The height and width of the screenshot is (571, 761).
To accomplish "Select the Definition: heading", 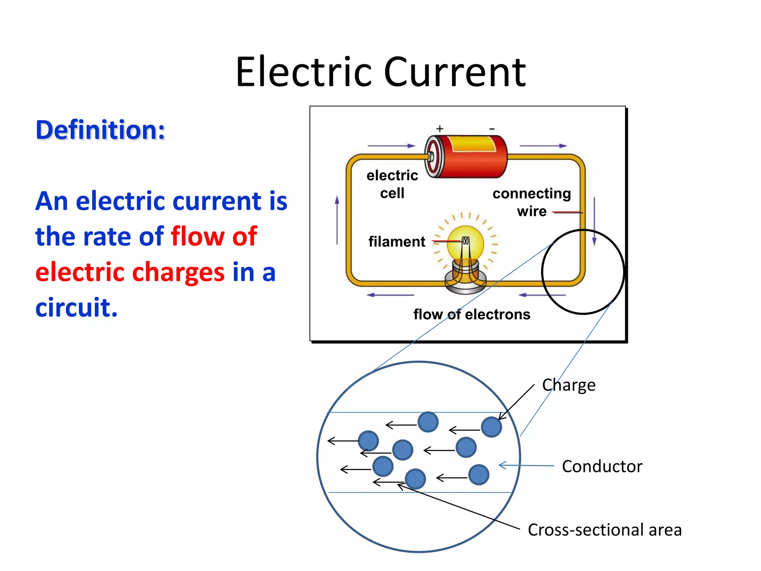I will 100,130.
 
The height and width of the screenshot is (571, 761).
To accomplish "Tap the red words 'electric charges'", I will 130,272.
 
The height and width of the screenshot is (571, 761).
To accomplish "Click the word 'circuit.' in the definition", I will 77,308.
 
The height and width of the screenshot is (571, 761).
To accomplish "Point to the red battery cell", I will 467,156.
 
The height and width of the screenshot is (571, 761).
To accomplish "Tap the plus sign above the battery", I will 440,129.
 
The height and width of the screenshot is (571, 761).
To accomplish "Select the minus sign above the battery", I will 492,129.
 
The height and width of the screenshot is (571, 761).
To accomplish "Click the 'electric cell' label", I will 392,184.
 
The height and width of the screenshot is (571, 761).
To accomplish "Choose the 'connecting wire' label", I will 531,202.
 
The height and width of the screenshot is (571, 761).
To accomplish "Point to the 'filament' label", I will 396,242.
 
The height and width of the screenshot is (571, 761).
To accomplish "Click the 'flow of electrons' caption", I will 472,314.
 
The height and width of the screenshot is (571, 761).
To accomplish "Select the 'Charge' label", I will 569,385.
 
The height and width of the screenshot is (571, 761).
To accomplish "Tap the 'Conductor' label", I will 602,467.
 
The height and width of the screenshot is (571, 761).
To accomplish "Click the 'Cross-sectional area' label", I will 605,530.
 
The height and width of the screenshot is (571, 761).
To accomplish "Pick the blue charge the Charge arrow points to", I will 491,427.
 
